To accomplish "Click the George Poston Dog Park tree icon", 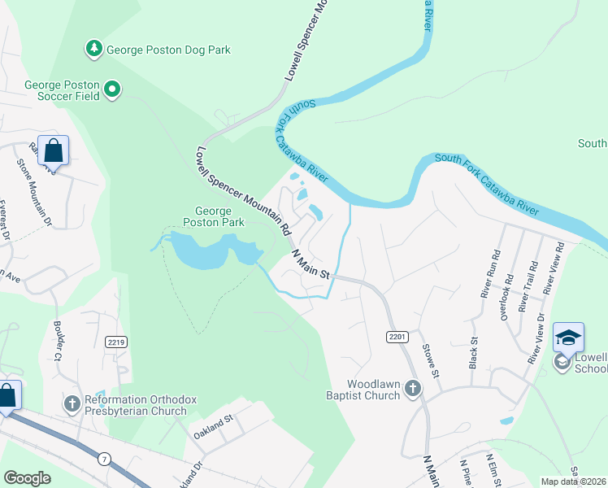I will (95, 50).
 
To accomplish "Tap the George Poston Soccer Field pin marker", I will (113, 89).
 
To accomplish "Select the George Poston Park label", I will (214, 216).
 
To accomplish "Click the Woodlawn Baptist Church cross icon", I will (413, 389).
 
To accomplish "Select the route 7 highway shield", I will (104, 460).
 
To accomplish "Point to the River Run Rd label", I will (488, 279).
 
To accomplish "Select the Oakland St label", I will (213, 425).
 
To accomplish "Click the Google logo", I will (27, 478).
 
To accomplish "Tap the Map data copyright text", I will (573, 481).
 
